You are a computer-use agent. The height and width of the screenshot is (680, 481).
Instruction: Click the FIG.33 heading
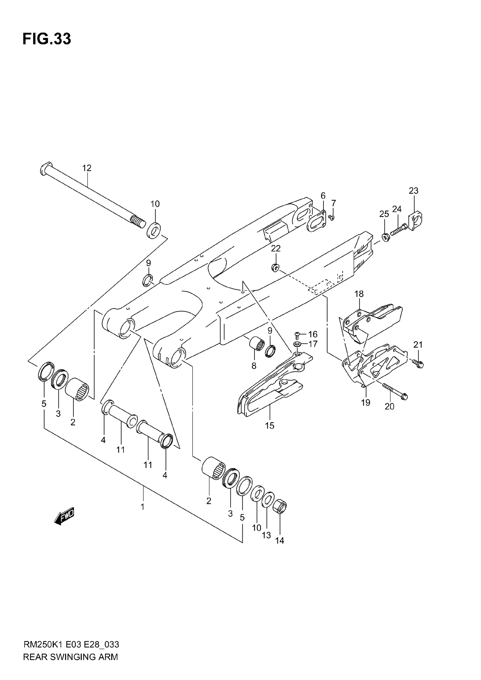(47, 39)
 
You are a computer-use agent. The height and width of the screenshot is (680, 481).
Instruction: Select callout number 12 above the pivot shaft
(87, 168)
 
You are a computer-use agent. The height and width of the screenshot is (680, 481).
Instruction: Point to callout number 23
(413, 191)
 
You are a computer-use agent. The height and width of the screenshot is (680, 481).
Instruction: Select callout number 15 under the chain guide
(270, 426)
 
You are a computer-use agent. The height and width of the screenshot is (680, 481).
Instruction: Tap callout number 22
(276, 248)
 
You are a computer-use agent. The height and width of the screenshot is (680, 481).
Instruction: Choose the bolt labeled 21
(419, 364)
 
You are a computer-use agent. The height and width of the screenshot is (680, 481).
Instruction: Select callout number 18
(359, 294)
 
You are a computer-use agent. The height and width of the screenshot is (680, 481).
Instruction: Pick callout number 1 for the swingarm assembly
(143, 507)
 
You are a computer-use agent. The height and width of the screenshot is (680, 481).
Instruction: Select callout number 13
(266, 535)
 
